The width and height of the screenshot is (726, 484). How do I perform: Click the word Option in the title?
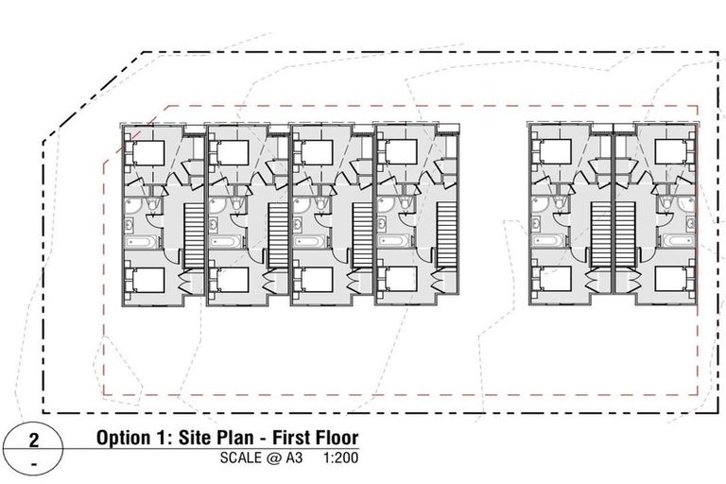pyautogui.click(x=126, y=440)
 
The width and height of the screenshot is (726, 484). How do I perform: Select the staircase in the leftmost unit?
pyautogui.click(x=193, y=235)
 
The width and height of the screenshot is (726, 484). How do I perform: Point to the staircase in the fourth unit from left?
pyautogui.click(x=446, y=235)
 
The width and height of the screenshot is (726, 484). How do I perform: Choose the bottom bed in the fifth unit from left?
pyautogui.click(x=552, y=281)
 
